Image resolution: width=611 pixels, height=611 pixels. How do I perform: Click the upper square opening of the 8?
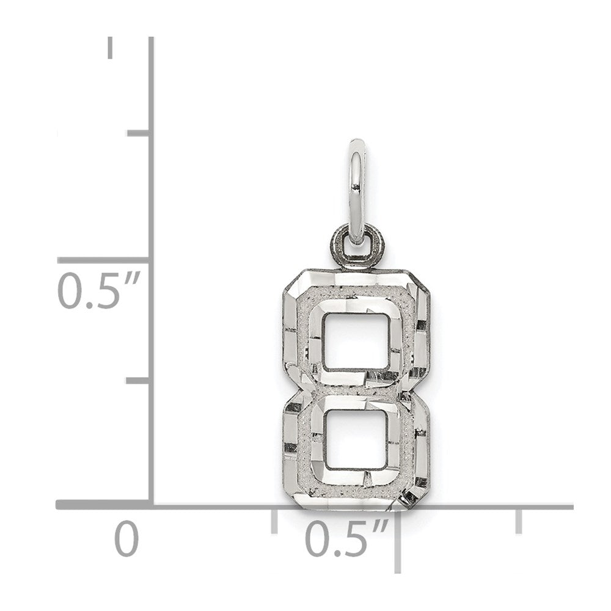pyautogui.click(x=356, y=342)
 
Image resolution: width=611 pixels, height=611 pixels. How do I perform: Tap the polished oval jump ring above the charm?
pyautogui.click(x=357, y=193)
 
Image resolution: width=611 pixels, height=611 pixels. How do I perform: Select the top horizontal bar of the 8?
pyautogui.click(x=356, y=291)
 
